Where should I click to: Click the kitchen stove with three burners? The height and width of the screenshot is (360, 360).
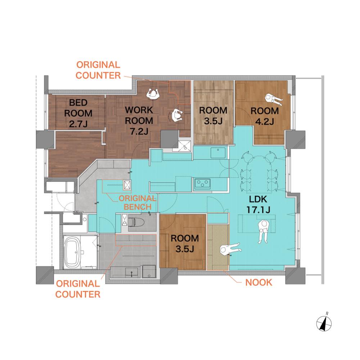pos(202,184)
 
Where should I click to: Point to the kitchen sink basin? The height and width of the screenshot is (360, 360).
pos(218,153)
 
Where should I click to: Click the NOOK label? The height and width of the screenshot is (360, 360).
pos(259,282)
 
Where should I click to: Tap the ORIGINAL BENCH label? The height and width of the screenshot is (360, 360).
pos(138,202)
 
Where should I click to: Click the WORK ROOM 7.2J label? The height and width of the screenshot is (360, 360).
pos(139,121)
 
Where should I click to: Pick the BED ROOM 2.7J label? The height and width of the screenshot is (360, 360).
pos(78,113)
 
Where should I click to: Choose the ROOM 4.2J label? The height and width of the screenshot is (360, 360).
pos(265,116)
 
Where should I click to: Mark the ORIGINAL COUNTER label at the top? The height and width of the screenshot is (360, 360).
pos(98,70)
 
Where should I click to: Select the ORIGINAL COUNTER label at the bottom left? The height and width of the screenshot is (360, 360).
pos(78,289)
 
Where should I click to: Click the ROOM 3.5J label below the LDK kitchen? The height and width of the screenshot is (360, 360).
pos(185,244)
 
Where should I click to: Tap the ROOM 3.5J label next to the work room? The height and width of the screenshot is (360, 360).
pos(213,116)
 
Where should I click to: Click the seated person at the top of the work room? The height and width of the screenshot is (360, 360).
pos(153,94)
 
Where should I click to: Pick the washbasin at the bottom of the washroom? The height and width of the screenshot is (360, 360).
pos(131,273)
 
